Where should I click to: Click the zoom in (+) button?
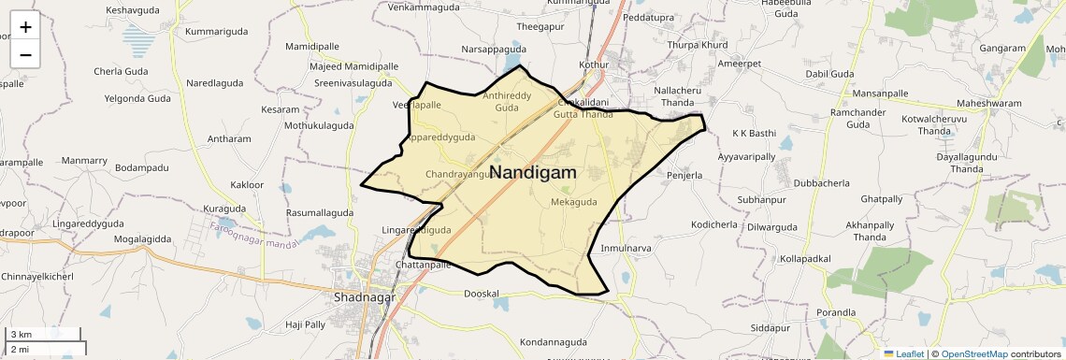[x=25, y=27]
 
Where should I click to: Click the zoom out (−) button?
[x=25, y=54]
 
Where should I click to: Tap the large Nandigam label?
[x=532, y=173]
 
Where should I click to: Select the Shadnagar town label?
[x=365, y=297]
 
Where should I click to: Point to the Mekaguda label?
[x=573, y=202]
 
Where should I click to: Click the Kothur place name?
[x=594, y=65]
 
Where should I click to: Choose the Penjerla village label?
[x=684, y=175]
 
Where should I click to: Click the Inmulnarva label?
[x=626, y=248]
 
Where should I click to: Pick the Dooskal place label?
[x=483, y=294]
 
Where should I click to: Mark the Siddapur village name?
[x=771, y=329]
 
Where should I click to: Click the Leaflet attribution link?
[x=903, y=354]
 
